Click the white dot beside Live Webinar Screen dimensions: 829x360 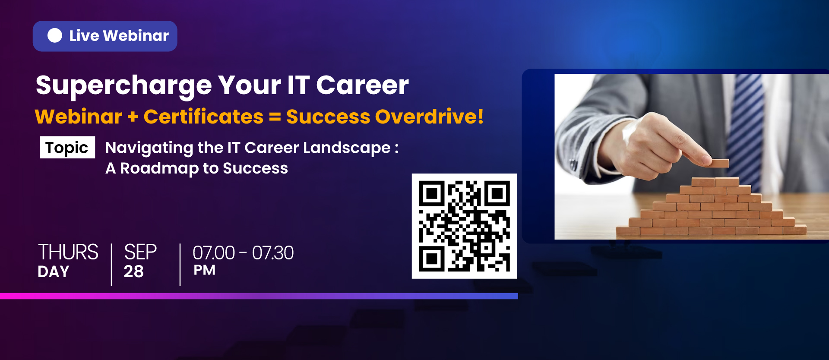pyautogui.click(x=55, y=36)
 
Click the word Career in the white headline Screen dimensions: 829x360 pyautogui.click(x=362, y=85)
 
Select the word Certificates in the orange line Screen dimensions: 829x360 pyautogui.click(x=203, y=117)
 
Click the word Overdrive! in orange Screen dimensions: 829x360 pyautogui.click(x=429, y=117)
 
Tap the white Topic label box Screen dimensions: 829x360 pyautogui.click(x=67, y=148)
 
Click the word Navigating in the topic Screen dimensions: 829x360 pyautogui.click(x=149, y=148)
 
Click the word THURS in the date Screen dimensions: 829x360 pyautogui.click(x=68, y=252)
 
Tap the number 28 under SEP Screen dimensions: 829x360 pyautogui.click(x=134, y=272)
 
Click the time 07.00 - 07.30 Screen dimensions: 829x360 pyautogui.click(x=243, y=253)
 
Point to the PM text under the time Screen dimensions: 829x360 pyautogui.click(x=204, y=270)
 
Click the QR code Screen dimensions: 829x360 pyautogui.click(x=464, y=226)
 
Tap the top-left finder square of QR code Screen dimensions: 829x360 pyautogui.click(x=432, y=194)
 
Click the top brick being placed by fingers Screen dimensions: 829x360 pyautogui.click(x=719, y=163)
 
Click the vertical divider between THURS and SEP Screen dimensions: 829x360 pyautogui.click(x=111, y=265)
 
